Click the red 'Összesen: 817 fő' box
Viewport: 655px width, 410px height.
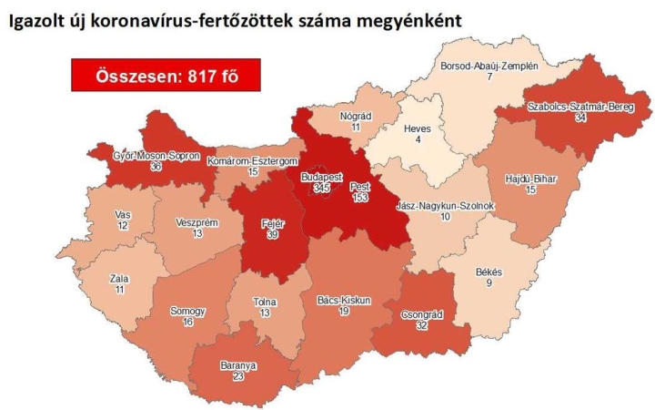click(166, 76)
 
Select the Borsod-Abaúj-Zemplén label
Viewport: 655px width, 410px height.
click(489, 67)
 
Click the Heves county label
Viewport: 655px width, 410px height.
click(416, 128)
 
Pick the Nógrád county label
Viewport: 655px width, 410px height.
click(350, 118)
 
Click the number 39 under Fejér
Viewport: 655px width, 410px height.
click(271, 235)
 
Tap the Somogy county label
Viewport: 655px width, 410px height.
click(187, 311)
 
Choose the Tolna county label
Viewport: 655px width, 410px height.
click(266, 302)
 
